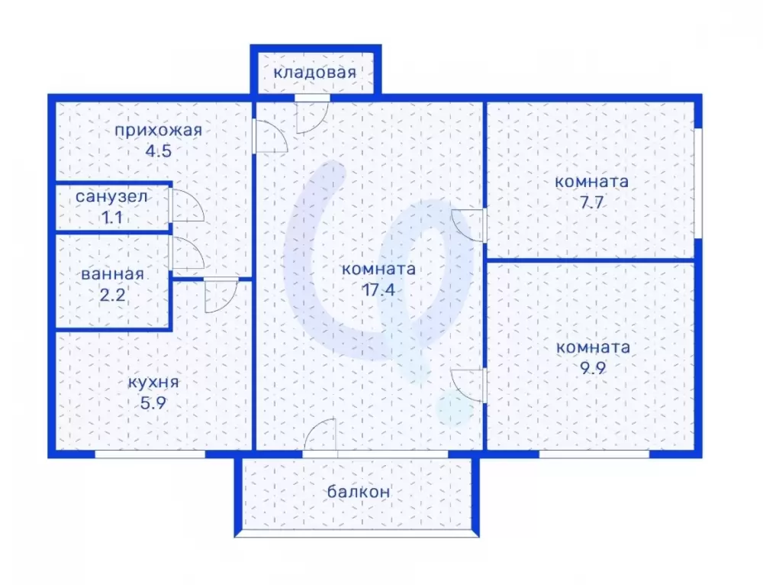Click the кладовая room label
(x=315, y=73)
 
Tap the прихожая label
(x=158, y=131)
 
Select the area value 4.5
(x=159, y=151)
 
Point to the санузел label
(x=111, y=197)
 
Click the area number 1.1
(x=111, y=218)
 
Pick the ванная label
(x=112, y=274)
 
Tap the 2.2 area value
(x=112, y=295)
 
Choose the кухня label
(x=153, y=383)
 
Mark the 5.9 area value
(x=153, y=403)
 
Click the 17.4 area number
(x=378, y=290)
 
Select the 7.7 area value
(x=592, y=202)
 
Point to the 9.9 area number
(x=593, y=368)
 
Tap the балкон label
(x=359, y=492)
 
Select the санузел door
(x=187, y=205)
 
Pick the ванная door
(x=187, y=253)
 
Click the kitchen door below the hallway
(x=221, y=296)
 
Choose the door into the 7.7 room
(x=469, y=225)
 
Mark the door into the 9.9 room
(x=469, y=386)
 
